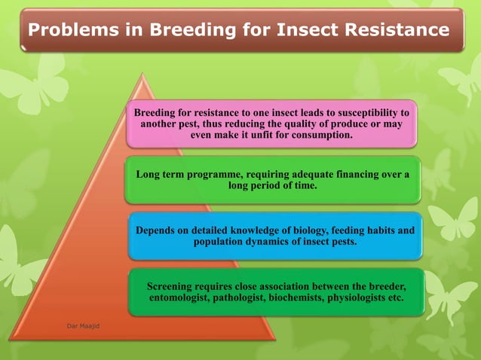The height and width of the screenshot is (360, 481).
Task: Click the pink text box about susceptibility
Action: (271, 124)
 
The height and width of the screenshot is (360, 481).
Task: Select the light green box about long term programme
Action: (271, 180)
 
